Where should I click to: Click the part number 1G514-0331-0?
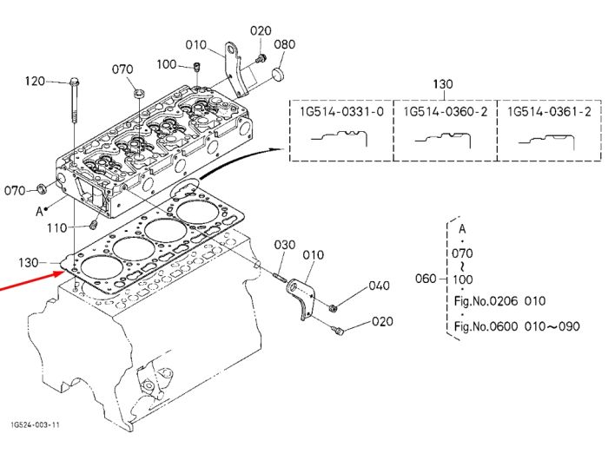341,112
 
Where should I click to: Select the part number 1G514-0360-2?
445,112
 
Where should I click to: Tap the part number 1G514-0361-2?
549,112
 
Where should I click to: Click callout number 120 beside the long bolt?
35,82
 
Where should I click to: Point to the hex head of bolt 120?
75,82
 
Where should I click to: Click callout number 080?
285,44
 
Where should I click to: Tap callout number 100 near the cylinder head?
167,64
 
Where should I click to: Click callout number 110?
57,228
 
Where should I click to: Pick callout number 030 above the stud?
285,245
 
